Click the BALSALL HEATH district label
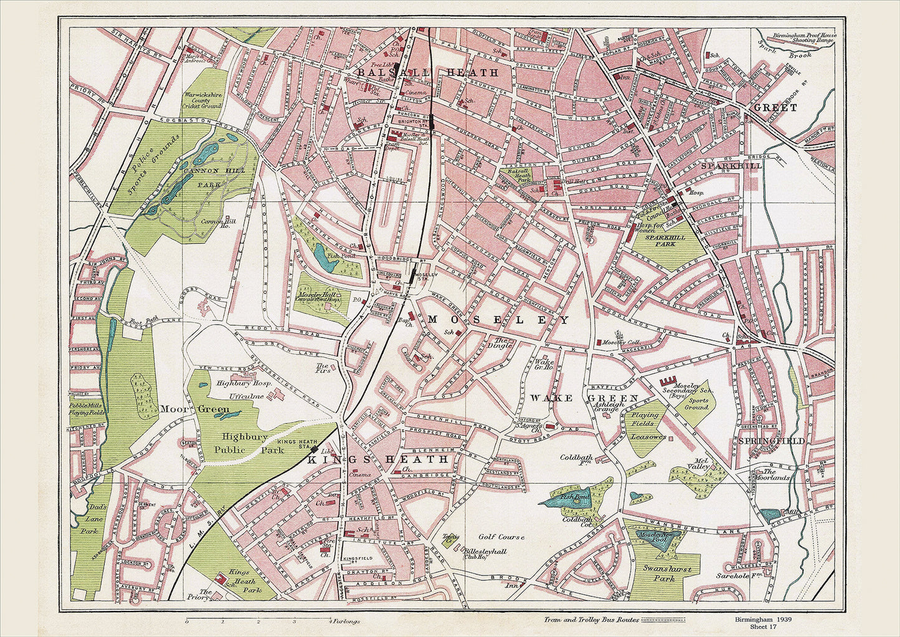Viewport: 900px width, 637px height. pyautogui.click(x=429, y=73)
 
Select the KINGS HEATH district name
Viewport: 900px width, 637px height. pyautogui.click(x=377, y=459)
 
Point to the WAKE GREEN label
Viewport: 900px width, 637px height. pyautogui.click(x=584, y=398)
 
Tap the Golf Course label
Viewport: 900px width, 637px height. pyautogui.click(x=501, y=536)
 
